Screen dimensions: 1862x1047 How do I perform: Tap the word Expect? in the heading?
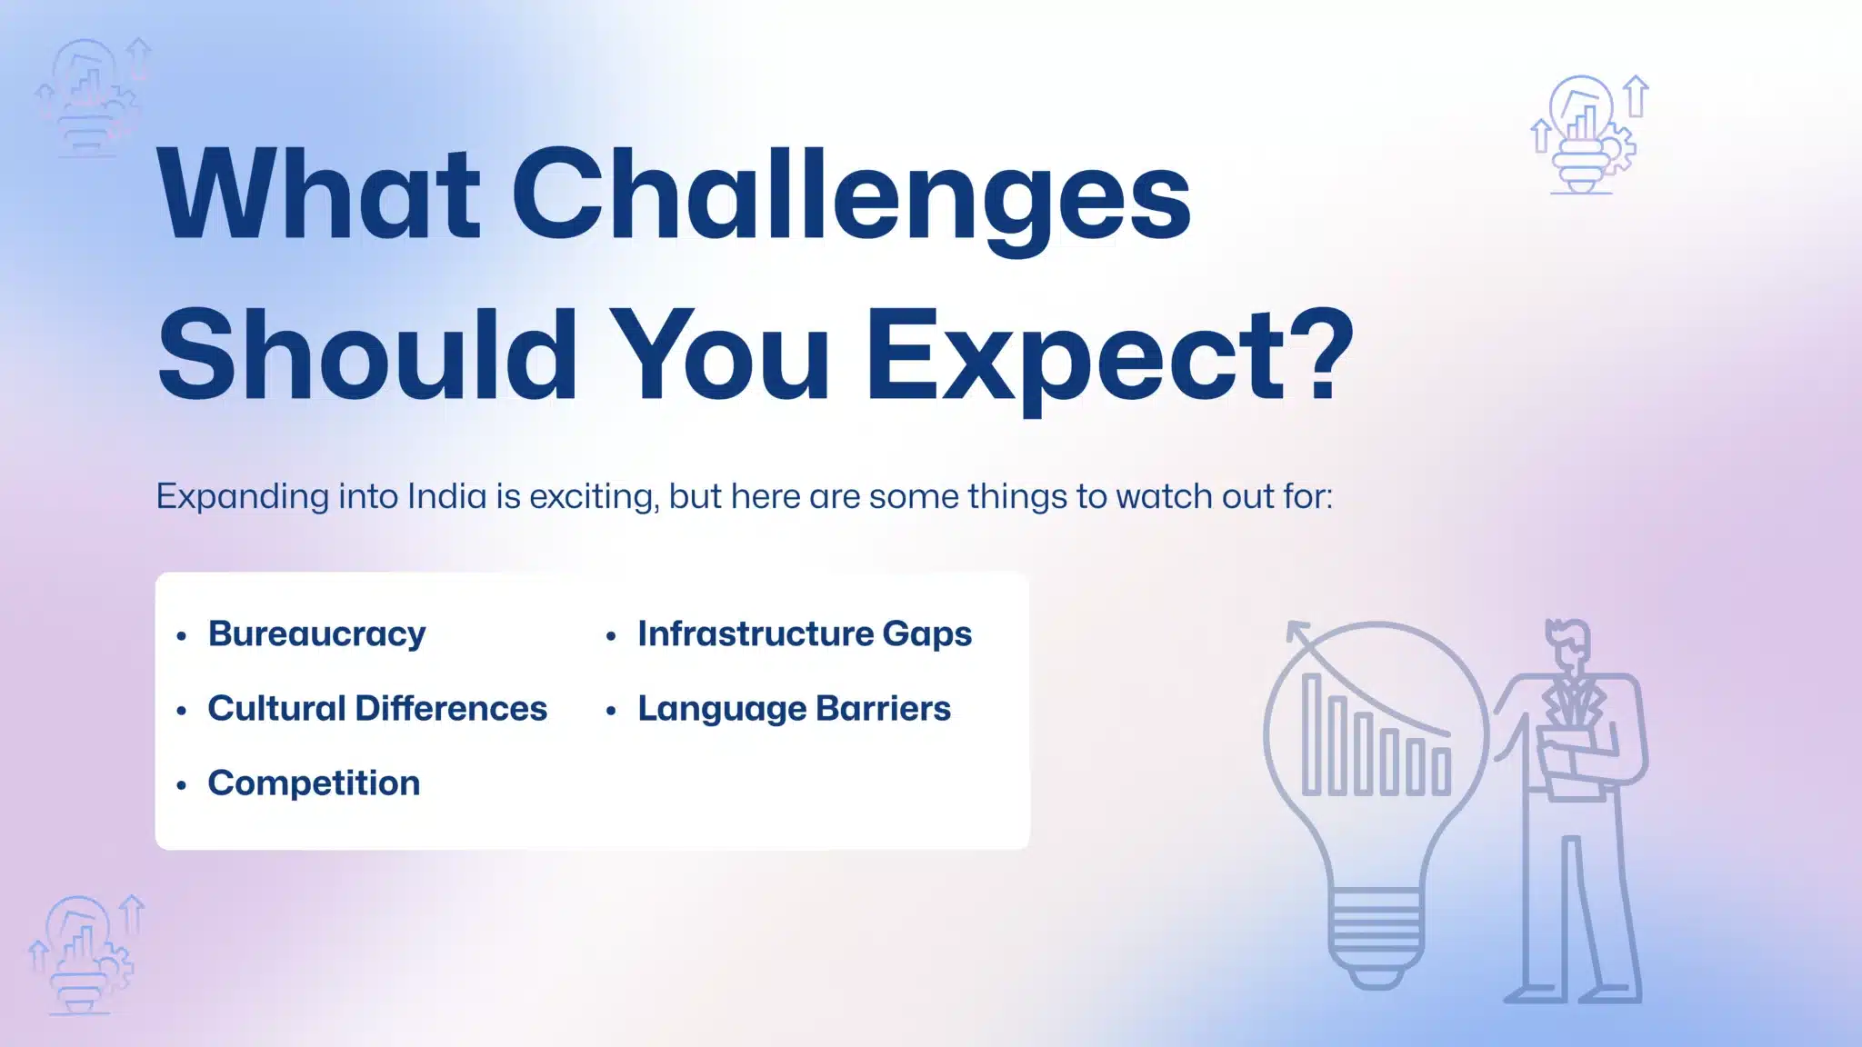coord(1109,358)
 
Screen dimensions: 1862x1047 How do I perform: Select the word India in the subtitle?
coord(446,496)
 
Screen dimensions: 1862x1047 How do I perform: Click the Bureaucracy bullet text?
coord(316,634)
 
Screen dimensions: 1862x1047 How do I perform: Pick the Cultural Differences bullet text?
coord(377,708)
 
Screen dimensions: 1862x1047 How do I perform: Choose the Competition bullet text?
coord(314,783)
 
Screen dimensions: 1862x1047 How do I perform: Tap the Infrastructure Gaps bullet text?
coord(805,634)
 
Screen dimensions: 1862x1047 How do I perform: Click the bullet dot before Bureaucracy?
coord(182,636)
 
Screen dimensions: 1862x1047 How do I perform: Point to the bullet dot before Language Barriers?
coord(612,711)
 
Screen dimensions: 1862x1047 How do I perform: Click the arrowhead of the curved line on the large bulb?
coord(1296,631)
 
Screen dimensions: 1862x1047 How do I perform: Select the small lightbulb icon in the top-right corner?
coord(1588,135)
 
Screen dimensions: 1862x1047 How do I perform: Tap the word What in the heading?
coord(317,194)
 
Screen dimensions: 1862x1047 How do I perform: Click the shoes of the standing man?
coord(1573,992)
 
